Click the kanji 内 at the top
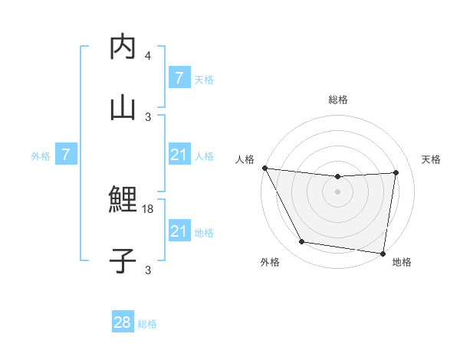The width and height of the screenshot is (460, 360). point(123,47)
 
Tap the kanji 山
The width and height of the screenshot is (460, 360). point(123,106)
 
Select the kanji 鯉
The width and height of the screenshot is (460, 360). point(123,200)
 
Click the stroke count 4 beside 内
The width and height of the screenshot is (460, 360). point(148,56)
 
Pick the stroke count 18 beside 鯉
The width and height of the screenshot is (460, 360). point(148,208)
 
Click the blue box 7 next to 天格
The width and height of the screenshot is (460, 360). point(179,78)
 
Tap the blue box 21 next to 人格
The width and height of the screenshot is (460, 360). point(179,155)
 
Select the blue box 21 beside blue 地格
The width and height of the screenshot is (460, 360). point(179,231)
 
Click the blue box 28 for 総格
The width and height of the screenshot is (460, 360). point(123,322)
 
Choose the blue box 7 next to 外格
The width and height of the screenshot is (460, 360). point(66,155)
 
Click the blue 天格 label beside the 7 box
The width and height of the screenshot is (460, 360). point(204,79)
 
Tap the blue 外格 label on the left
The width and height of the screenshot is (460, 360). point(41,156)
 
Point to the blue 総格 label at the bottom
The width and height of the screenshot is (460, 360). point(147,323)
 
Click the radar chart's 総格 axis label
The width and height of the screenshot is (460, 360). point(338,100)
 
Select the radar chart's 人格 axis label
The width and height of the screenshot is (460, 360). point(245,159)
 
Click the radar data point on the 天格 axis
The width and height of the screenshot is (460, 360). point(396,172)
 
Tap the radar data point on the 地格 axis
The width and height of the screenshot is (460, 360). point(383,253)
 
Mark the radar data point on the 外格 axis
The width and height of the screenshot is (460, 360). point(301,243)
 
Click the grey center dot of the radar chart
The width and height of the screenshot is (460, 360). point(338,191)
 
